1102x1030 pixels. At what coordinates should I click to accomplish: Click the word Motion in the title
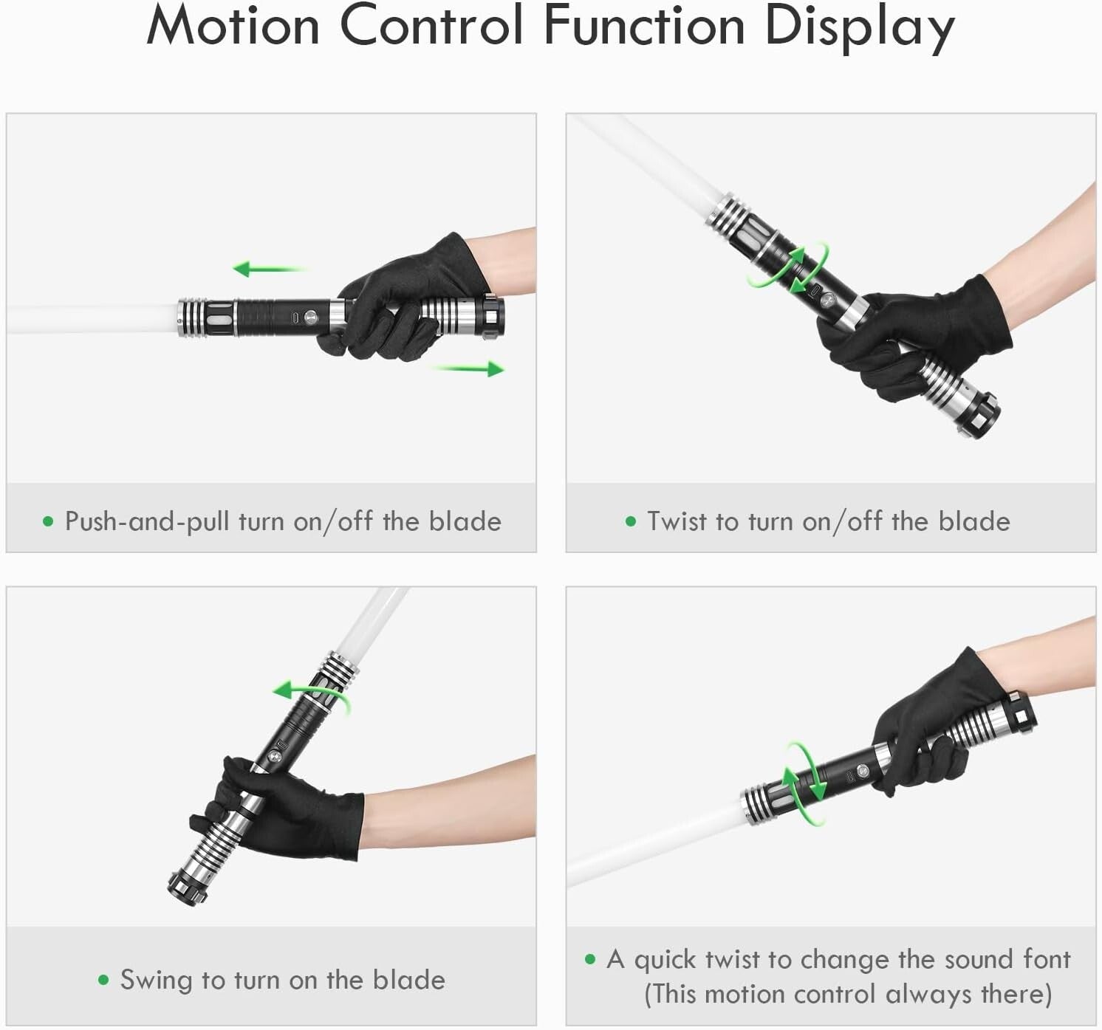click(x=233, y=27)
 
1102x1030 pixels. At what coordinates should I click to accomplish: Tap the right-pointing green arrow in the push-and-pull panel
click(x=471, y=368)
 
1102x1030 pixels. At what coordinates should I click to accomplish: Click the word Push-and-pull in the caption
click(x=146, y=521)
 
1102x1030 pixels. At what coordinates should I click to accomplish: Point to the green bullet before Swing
click(x=103, y=981)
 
